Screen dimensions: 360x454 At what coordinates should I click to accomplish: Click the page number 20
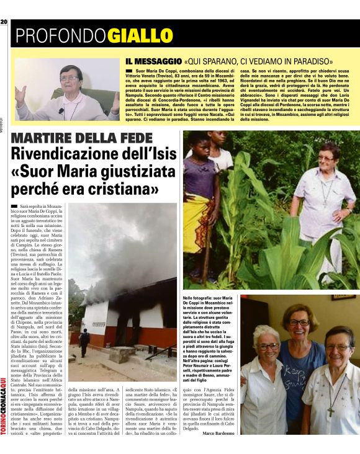coord(4,22)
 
